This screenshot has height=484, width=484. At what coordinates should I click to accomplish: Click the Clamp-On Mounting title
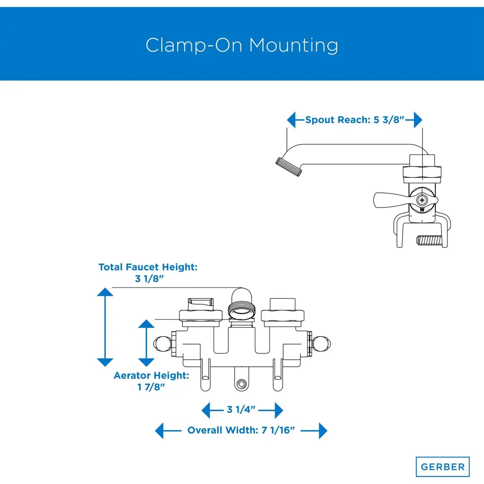[x=242, y=45]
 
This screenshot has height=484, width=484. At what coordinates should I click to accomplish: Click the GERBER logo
[x=442, y=467]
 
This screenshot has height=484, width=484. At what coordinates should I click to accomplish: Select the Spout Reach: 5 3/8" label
[x=354, y=120]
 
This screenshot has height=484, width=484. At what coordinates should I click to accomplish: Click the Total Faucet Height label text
[x=147, y=267]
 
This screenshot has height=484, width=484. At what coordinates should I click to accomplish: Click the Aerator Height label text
[x=151, y=376]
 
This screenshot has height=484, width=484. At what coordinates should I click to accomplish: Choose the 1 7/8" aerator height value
[x=151, y=387]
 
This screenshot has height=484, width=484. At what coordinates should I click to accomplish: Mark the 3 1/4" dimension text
[x=242, y=409]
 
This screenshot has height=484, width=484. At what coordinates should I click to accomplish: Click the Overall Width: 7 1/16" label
[x=241, y=431]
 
